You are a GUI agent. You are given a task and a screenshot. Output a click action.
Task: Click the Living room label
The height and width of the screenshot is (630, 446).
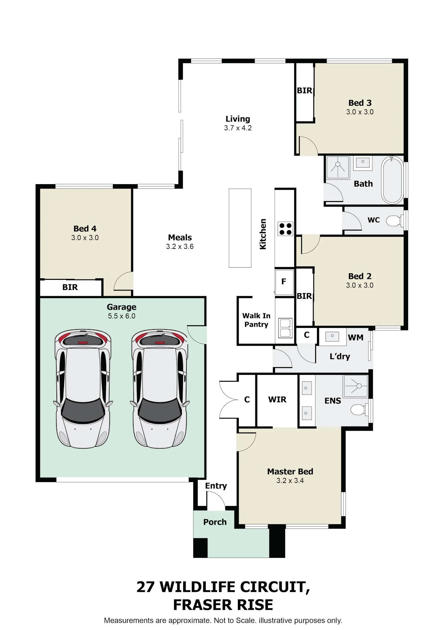(238, 119)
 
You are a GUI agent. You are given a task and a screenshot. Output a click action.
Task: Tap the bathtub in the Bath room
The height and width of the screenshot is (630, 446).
(392, 180)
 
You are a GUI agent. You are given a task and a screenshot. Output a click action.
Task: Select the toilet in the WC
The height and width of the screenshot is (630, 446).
(395, 220)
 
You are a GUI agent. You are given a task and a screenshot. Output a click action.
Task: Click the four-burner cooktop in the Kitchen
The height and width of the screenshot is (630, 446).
(285, 229)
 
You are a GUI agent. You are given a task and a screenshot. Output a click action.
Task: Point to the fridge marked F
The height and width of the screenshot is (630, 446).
(284, 282)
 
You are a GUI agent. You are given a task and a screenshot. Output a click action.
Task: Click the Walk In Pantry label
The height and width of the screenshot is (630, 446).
(256, 320)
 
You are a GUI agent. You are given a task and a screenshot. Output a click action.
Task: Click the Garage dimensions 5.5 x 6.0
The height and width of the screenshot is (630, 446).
(122, 316)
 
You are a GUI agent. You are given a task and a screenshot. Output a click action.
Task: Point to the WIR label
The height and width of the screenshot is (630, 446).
(277, 400)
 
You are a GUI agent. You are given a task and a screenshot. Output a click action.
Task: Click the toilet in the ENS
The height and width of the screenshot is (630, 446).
(360, 410)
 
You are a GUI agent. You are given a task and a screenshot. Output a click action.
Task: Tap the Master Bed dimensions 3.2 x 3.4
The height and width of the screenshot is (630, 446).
(290, 481)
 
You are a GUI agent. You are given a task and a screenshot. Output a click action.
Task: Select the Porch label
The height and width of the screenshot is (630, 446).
(215, 522)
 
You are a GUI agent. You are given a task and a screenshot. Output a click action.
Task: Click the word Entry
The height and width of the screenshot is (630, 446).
(216, 486)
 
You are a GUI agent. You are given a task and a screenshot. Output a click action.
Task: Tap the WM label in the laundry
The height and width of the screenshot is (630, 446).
(356, 337)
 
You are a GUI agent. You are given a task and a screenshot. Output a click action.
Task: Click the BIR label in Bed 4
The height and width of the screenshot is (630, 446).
(70, 287)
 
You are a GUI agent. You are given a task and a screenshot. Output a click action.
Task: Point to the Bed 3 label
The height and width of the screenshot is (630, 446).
(360, 103)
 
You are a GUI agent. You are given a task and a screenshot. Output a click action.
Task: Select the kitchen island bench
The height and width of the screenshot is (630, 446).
(240, 228)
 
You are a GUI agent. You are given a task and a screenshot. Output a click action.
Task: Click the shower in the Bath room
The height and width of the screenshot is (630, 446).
(338, 167)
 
